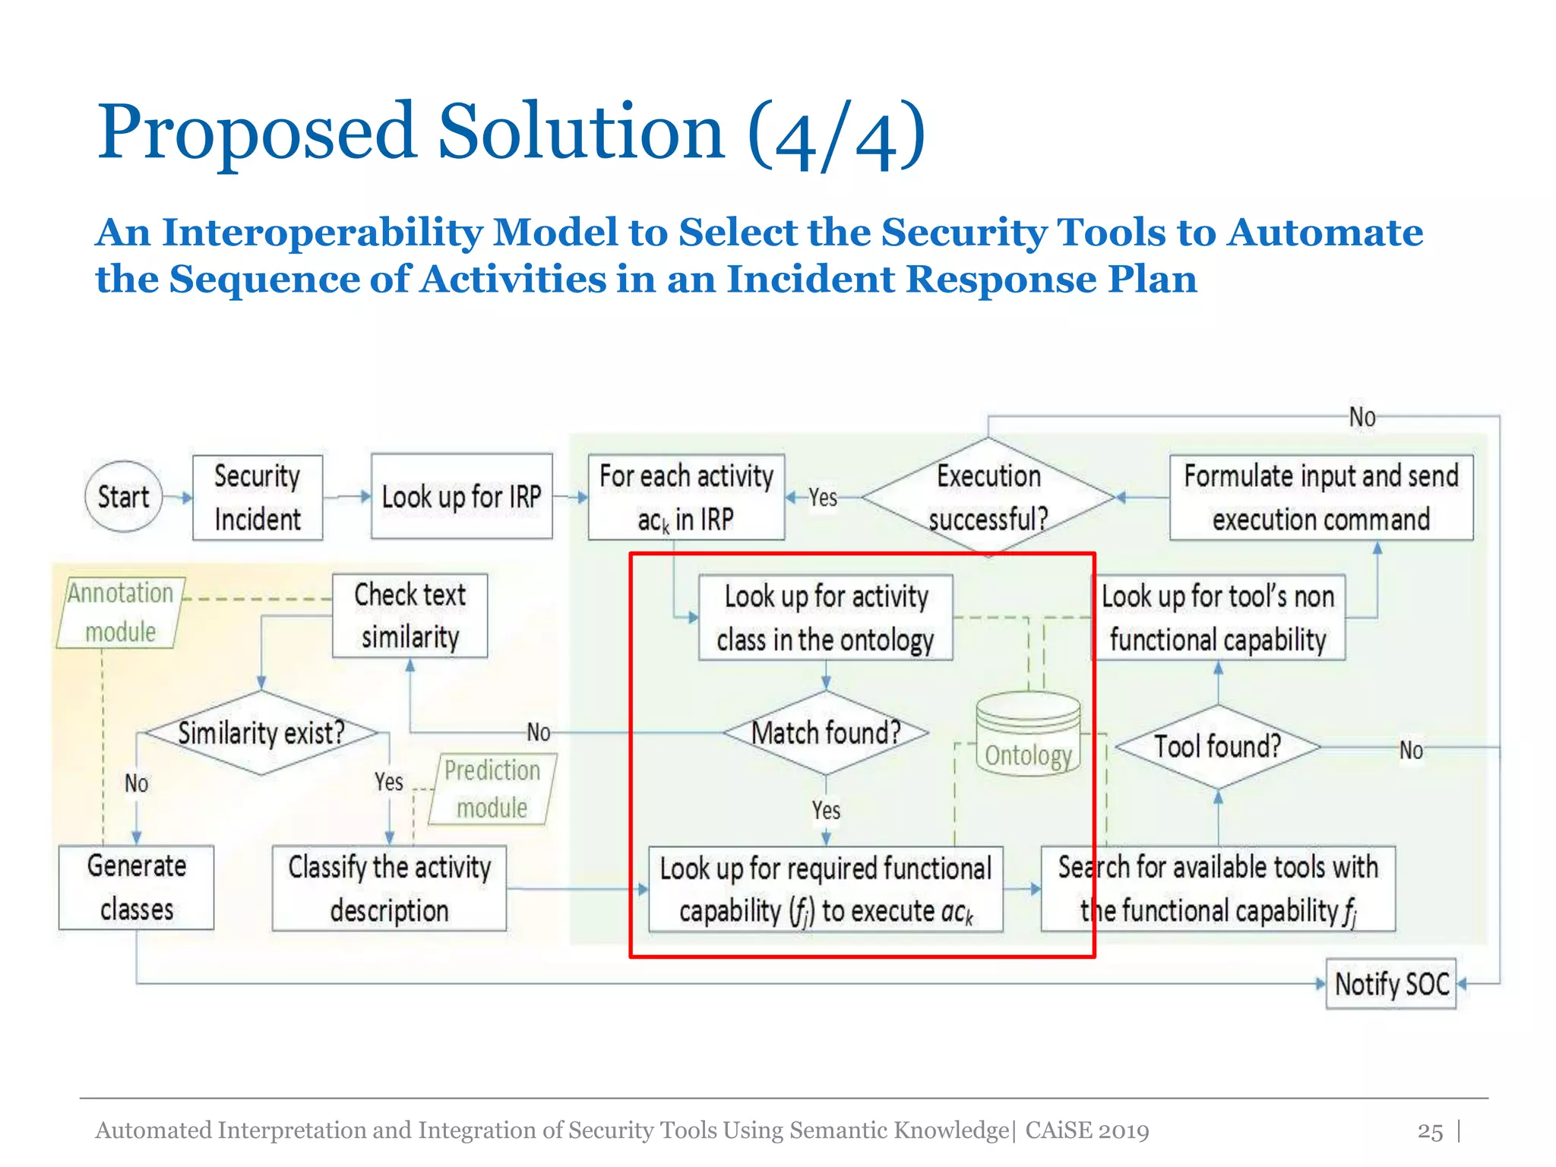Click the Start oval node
click(x=123, y=497)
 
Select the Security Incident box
click(x=257, y=498)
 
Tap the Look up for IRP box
click(x=461, y=497)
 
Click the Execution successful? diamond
click(x=988, y=498)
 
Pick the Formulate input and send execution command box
click(x=1320, y=498)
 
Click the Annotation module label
click(x=120, y=612)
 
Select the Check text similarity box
click(x=410, y=615)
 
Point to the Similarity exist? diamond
click(x=261, y=733)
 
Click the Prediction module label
click(x=492, y=789)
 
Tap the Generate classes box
click(x=136, y=887)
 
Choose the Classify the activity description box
click(x=389, y=888)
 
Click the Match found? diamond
click(x=826, y=733)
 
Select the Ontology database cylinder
click(x=1028, y=734)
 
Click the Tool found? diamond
click(x=1217, y=747)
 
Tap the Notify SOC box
click(x=1390, y=984)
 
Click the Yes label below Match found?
click(x=826, y=811)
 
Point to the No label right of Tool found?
click(x=1411, y=751)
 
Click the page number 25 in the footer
click(x=1429, y=1131)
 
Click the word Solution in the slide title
click(x=581, y=133)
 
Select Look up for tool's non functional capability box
click(x=1218, y=618)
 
